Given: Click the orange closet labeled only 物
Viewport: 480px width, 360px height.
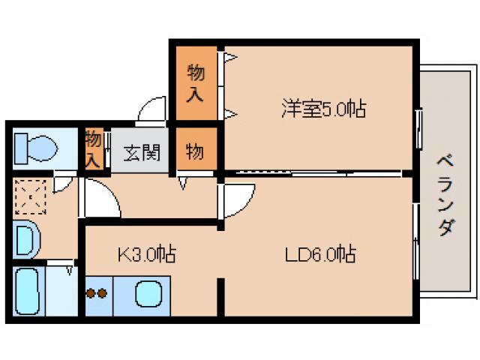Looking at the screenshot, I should (x=194, y=151).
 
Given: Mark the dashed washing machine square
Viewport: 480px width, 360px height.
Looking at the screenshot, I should (x=30, y=198).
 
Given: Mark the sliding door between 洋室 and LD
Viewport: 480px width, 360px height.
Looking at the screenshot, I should (x=315, y=174).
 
